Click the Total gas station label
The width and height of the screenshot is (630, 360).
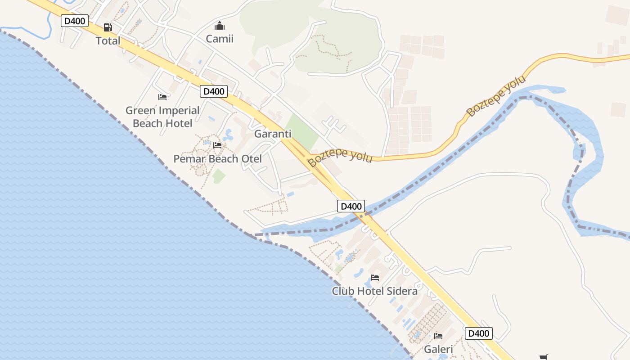[108, 41]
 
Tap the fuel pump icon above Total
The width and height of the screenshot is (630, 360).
[108, 27]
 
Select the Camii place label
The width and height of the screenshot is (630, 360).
[220, 39]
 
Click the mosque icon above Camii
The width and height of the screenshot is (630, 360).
[220, 26]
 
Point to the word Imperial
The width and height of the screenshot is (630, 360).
[177, 111]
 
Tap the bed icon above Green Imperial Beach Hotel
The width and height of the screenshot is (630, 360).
[162, 97]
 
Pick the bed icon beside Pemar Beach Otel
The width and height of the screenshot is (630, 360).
[217, 145]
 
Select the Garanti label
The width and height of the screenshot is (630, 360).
[273, 134]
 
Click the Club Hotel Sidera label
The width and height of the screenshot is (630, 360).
[374, 291]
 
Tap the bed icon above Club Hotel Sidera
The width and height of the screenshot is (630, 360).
[375, 278]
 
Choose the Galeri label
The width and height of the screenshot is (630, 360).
[438, 349]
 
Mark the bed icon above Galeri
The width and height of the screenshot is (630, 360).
[438, 336]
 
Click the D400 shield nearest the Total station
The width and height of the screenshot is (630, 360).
[75, 21]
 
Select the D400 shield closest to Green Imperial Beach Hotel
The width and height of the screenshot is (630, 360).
[214, 91]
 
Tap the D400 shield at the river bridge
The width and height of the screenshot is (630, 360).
[351, 207]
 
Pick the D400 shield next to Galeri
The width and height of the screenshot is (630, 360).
[478, 333]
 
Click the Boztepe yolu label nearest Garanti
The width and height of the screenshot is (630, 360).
[341, 155]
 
